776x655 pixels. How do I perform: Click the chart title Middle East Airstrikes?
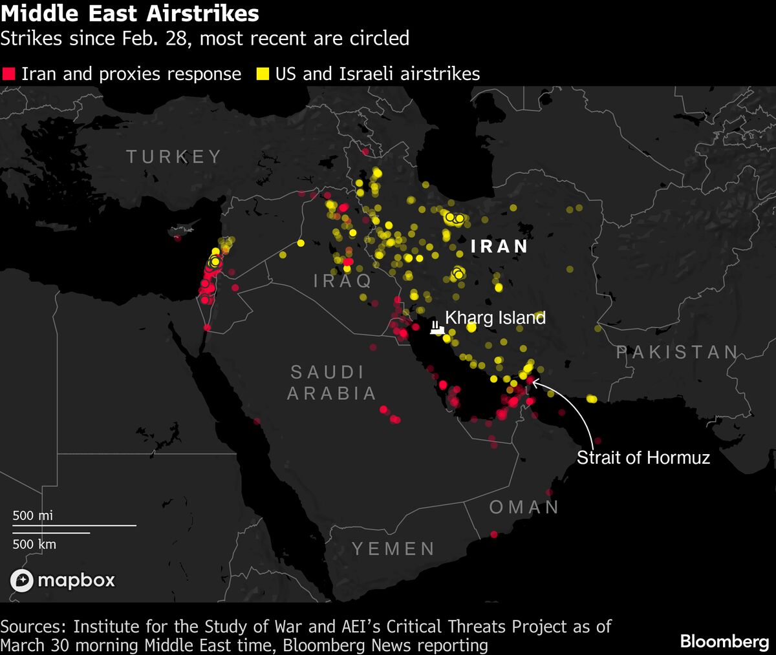[130, 14]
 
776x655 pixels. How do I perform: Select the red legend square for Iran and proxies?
[8, 74]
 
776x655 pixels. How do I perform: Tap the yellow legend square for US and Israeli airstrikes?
[263, 74]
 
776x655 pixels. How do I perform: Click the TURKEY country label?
[174, 156]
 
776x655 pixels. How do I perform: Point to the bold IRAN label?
[500, 246]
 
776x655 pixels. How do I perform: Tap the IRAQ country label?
[343, 280]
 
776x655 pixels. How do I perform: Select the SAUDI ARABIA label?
[331, 382]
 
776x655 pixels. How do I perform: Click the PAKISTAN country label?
[677, 351]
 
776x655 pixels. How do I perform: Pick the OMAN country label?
[524, 507]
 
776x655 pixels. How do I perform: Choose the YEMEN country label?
[393, 549]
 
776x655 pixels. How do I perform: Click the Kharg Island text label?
[495, 318]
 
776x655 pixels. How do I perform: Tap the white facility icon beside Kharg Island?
[437, 327]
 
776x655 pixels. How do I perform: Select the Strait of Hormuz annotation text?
[643, 457]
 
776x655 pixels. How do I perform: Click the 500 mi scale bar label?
[33, 515]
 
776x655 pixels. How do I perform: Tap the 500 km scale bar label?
[34, 544]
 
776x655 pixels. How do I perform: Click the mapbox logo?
[63, 580]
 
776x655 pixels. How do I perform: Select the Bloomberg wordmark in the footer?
[724, 641]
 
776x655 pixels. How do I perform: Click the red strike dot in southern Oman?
[494, 534]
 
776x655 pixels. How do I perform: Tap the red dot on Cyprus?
[177, 238]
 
